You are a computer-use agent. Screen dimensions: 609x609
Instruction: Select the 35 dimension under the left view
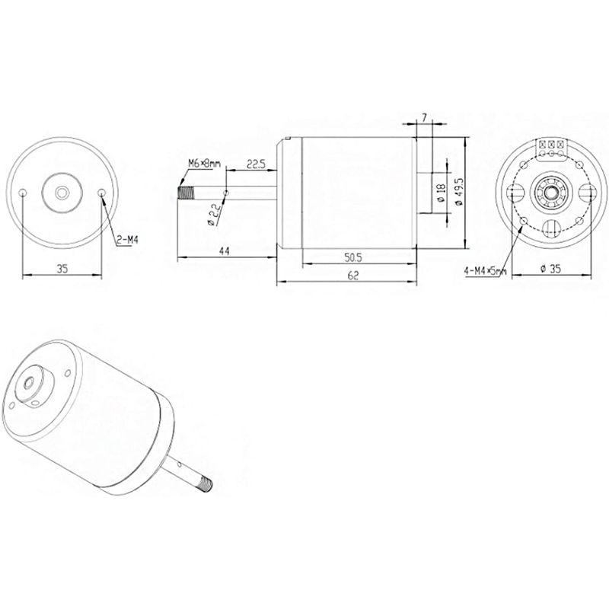[x=62, y=268]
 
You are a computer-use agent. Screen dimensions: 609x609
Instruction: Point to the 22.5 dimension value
[x=256, y=164]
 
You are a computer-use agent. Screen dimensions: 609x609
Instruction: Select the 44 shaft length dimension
[x=226, y=252]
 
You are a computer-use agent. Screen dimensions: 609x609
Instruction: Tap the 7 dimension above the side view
[x=424, y=117]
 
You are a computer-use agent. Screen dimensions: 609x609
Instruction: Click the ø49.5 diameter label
[x=458, y=193]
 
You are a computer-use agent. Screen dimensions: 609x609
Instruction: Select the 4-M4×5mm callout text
[x=484, y=270]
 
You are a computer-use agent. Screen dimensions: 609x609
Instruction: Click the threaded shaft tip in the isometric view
[x=206, y=480]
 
